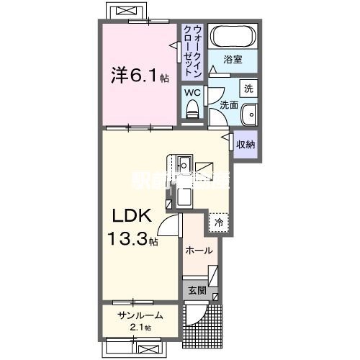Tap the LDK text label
click(130, 216)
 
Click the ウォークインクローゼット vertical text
click(192, 49)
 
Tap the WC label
click(192, 92)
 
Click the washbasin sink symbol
click(248, 114)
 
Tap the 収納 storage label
click(246, 145)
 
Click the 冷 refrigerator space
click(219, 222)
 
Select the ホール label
click(199, 251)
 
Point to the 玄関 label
click(197, 291)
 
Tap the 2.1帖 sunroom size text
click(141, 328)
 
